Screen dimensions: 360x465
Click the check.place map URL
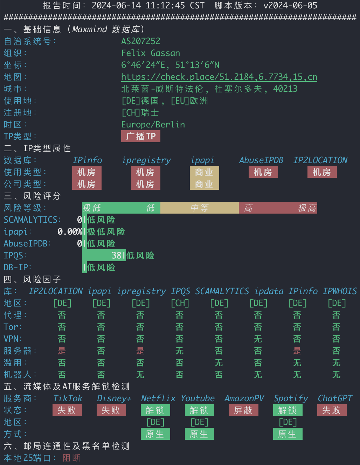[219, 77]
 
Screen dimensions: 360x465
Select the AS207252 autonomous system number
[141, 41]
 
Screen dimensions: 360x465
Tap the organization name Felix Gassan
[151, 53]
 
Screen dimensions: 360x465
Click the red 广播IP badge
[141, 136]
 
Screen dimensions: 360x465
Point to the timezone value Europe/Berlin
[153, 125]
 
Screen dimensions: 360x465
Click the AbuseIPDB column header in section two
[261, 160]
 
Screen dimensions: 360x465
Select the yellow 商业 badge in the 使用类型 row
[205, 172]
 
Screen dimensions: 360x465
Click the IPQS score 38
[117, 255]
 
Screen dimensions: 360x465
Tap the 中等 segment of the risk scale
[200, 208]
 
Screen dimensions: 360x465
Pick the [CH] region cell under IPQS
[180, 303]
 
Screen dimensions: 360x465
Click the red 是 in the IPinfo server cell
[297, 351]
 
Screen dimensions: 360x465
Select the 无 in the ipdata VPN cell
[258, 339]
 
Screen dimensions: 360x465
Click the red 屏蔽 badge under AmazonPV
[244, 410]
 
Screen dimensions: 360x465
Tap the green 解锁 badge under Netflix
[155, 410]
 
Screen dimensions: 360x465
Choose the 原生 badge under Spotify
[288, 434]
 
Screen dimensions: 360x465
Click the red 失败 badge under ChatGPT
[332, 410]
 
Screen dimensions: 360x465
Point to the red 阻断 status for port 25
[71, 458]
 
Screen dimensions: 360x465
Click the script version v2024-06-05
[290, 5]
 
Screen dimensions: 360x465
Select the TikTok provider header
[68, 398]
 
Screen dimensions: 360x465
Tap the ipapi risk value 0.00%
[70, 231]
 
